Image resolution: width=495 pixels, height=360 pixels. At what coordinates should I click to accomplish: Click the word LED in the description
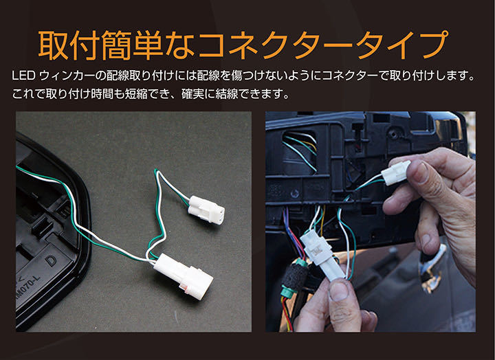click(x=23, y=76)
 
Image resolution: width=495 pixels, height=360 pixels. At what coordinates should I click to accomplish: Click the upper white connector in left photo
click(x=206, y=210)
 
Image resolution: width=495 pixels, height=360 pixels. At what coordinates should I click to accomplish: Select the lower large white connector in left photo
click(x=183, y=276)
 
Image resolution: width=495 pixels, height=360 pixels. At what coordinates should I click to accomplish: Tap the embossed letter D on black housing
click(x=50, y=260)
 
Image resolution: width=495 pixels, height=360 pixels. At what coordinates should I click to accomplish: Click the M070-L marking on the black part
click(x=30, y=287)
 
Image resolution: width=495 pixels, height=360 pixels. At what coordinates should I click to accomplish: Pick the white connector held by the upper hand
click(x=395, y=172)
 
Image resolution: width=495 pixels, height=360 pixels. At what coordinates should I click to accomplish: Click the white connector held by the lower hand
click(x=322, y=255)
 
